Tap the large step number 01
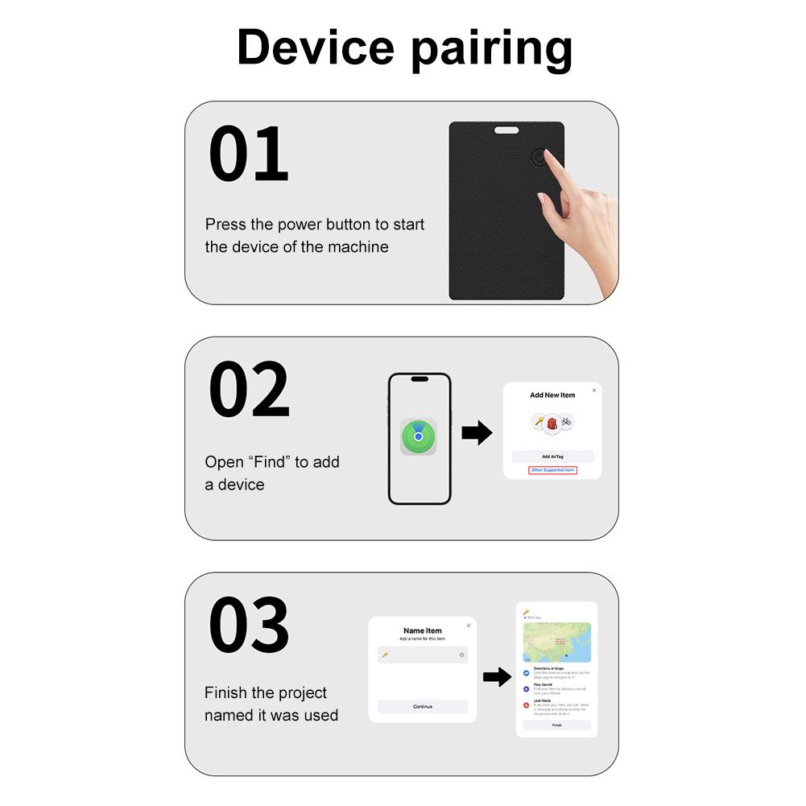248,154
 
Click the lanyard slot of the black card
506,130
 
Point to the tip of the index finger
548,153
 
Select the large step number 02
249,389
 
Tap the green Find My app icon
419,436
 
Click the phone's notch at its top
419,379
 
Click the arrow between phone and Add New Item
477,433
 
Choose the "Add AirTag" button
552,457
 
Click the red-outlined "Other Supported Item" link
552,470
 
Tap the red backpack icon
552,422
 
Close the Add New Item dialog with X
594,390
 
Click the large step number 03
249,626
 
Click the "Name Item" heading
423,630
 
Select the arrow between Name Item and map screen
497,677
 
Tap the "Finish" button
556,725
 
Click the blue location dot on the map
567,655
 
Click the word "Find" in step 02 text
269,462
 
